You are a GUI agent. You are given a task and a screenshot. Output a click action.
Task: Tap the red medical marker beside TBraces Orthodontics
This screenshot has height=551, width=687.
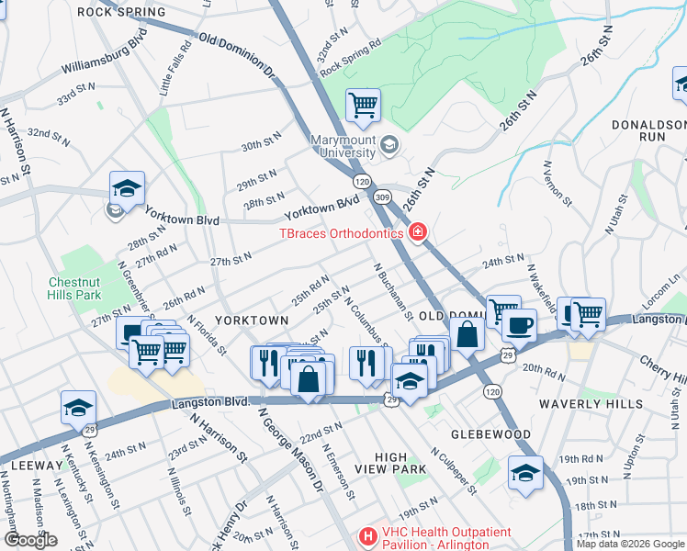click(x=418, y=233)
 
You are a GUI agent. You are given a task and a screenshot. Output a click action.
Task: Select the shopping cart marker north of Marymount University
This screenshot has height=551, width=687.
click(x=363, y=106)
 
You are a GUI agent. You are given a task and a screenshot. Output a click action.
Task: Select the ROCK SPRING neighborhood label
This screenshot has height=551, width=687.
click(x=121, y=12)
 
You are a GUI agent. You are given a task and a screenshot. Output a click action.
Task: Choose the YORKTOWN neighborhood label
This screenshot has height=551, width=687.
click(x=251, y=320)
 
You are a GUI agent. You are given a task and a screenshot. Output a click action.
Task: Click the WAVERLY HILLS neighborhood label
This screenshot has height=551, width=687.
click(x=608, y=403)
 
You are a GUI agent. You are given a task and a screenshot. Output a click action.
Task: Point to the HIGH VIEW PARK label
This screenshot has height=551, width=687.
click(x=401, y=463)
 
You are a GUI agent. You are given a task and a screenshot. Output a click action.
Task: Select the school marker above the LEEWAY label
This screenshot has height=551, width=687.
click(x=78, y=408)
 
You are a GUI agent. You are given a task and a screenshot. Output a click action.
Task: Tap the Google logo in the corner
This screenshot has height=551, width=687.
click(x=29, y=540)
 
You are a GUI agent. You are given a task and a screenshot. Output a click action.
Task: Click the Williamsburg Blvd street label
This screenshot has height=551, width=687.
click(x=105, y=57)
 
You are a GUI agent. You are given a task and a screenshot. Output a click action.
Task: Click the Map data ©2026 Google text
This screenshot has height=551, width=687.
click(x=629, y=544)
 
